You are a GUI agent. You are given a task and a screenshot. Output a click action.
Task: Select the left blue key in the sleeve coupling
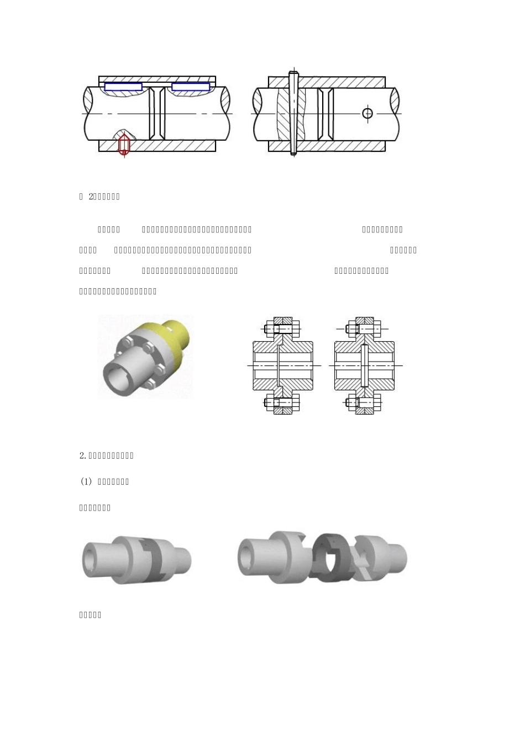tap(123, 87)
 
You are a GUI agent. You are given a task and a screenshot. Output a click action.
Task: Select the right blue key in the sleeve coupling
tap(191, 87)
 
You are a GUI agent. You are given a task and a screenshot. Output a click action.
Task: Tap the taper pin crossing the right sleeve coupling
tap(293, 113)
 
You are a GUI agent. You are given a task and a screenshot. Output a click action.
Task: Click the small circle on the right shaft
tap(368, 114)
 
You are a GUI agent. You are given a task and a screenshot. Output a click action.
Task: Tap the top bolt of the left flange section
tap(281, 329)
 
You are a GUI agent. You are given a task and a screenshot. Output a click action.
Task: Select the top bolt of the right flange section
tap(363, 329)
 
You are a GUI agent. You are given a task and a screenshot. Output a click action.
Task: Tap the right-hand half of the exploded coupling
tap(381, 558)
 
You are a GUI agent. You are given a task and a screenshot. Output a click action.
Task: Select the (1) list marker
tap(86, 481)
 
